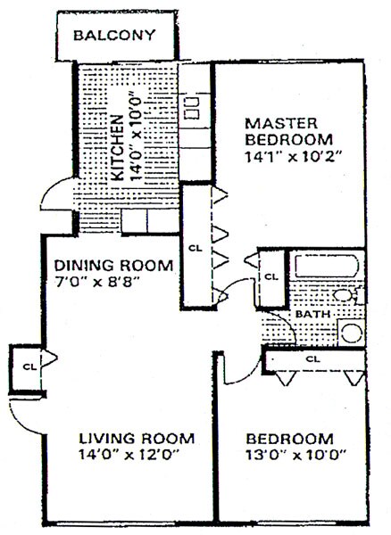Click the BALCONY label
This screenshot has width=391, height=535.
tap(114, 37)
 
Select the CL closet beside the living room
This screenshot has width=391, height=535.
tap(29, 365)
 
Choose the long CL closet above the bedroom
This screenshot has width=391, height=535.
tap(312, 358)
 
